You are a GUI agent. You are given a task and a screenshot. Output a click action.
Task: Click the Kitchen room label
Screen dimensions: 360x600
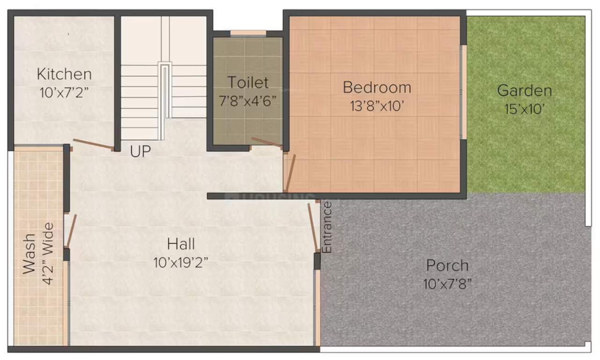click(64, 74)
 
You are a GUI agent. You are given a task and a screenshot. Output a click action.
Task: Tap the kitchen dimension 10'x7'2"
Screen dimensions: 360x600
click(64, 92)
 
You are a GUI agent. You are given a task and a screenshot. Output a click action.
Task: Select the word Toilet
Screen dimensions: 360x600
click(248, 82)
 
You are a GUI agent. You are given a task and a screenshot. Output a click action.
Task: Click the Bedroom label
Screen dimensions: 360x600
click(377, 87)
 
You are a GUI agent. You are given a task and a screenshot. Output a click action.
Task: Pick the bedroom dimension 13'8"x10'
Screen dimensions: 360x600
click(377, 106)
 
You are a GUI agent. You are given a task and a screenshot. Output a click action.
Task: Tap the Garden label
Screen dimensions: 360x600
click(525, 90)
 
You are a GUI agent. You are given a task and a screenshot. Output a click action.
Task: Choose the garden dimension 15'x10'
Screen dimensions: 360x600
click(525, 109)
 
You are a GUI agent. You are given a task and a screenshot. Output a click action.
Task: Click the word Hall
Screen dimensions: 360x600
click(181, 244)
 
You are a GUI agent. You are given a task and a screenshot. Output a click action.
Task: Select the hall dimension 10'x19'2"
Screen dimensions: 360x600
click(181, 263)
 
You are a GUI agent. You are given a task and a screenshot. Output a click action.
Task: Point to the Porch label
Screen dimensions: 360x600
click(447, 265)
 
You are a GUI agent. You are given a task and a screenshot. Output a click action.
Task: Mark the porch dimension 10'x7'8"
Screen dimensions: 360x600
click(447, 284)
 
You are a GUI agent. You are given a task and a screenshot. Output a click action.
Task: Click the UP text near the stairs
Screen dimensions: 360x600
click(141, 152)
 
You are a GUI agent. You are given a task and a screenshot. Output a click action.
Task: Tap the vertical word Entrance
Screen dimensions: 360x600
click(327, 227)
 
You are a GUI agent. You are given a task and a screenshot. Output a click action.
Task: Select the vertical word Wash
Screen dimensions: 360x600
click(29, 254)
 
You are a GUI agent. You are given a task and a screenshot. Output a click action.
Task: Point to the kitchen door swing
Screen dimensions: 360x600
click(93, 144)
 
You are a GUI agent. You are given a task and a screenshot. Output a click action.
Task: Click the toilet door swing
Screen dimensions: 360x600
click(266, 142)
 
